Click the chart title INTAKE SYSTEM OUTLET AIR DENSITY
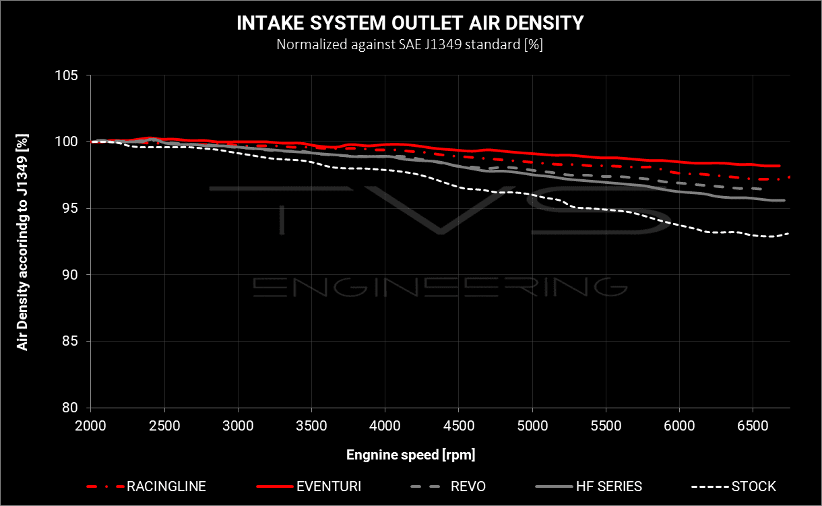[x=410, y=23]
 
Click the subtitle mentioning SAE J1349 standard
[x=410, y=45]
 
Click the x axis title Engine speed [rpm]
[x=410, y=455]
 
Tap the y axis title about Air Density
[x=23, y=241]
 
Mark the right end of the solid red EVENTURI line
[x=780, y=166]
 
